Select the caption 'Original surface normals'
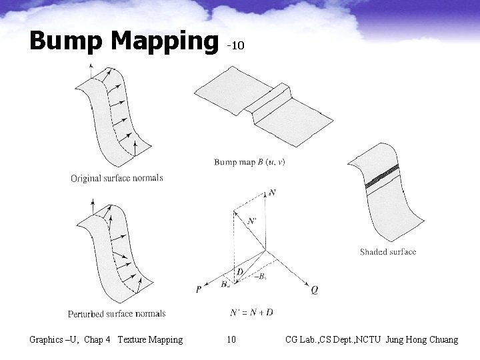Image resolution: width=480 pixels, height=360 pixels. (x=117, y=178)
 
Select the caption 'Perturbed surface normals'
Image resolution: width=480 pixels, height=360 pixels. (x=117, y=313)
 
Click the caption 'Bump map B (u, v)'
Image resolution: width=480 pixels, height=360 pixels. (x=249, y=162)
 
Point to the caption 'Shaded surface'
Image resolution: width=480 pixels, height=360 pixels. (x=387, y=252)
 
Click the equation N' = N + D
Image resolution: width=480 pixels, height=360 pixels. (x=251, y=312)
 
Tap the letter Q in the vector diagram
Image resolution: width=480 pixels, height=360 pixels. (x=314, y=290)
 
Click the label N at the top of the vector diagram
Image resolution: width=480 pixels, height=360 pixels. (x=273, y=193)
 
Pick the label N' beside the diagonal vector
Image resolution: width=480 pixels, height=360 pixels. (x=251, y=221)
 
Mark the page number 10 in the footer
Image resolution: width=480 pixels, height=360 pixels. (x=231, y=340)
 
